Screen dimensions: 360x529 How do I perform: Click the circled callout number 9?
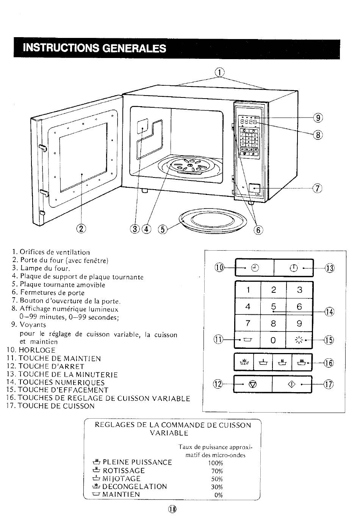318,118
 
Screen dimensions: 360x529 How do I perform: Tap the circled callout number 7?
317,188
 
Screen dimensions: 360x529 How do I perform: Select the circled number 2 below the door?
81,228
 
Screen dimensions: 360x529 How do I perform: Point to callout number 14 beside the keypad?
330,312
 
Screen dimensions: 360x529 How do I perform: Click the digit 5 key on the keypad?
273,306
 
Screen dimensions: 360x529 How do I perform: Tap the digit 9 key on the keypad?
299,323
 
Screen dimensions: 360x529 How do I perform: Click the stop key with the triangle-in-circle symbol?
253,384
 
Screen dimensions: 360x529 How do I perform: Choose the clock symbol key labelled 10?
255,268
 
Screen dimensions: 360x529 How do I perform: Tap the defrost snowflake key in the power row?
244,362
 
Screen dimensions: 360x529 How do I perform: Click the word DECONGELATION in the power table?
135,486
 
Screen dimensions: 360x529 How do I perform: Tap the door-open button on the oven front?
255,188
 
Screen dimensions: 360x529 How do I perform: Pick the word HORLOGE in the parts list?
37,350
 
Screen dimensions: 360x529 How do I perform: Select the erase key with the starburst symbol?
299,340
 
